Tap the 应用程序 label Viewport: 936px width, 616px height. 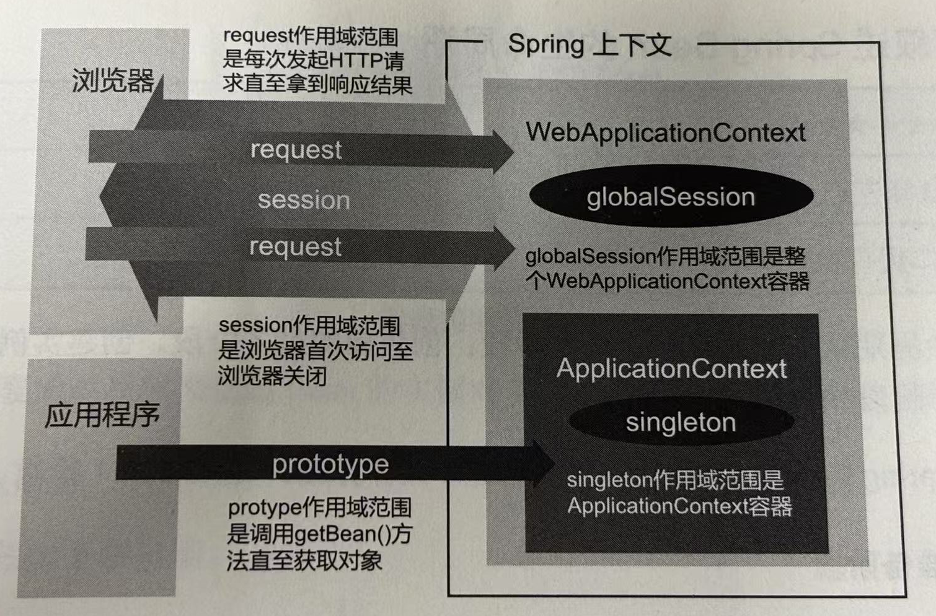pyautogui.click(x=102, y=414)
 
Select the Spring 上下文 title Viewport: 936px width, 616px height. pyautogui.click(x=589, y=45)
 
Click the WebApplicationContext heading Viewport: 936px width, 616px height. pyautogui.click(x=665, y=132)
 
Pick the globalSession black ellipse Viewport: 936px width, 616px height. pyautogui.click(x=671, y=197)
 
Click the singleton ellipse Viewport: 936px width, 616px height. pyautogui.click(x=681, y=422)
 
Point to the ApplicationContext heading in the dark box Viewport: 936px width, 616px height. pyautogui.click(x=671, y=369)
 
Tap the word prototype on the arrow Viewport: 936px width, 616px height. pyautogui.click(x=330, y=464)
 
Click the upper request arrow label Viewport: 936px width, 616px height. pyautogui.click(x=296, y=150)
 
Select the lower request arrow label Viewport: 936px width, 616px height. pyautogui.click(x=295, y=246)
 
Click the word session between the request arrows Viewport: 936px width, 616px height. pyautogui.click(x=304, y=200)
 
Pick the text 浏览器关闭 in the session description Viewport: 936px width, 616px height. pyautogui.click(x=272, y=376)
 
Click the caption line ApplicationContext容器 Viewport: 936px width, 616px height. pyautogui.click(x=679, y=506)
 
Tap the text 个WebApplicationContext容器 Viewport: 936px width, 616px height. pyautogui.click(x=667, y=281)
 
